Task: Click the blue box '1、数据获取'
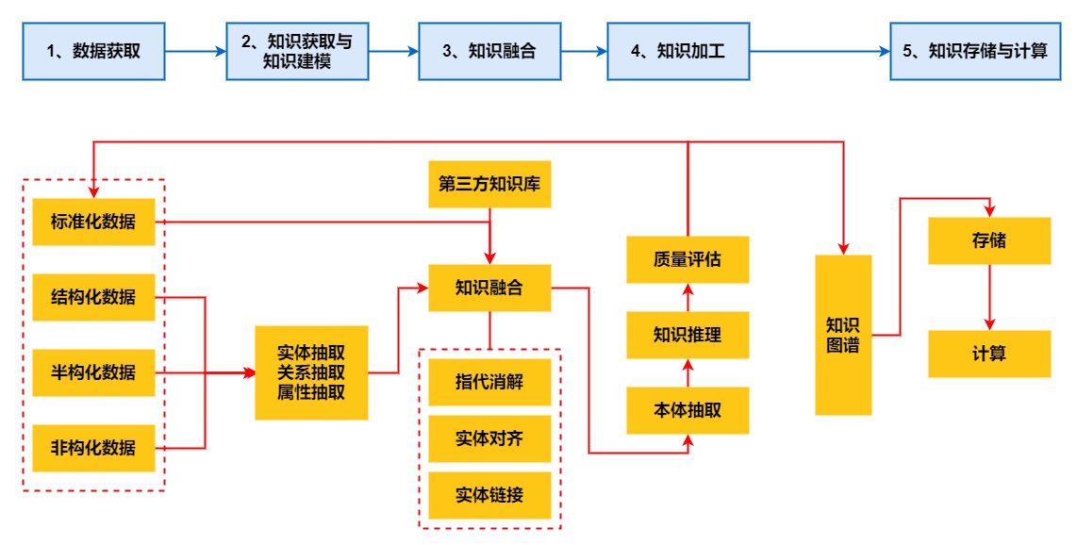tap(93, 52)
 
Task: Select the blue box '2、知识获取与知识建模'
tap(296, 52)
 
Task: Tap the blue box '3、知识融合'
tap(489, 52)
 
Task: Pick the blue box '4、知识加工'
tap(677, 52)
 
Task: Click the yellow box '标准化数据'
tap(93, 223)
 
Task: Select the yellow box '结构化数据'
tap(93, 297)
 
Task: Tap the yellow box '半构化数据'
tap(93, 372)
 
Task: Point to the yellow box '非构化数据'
tap(93, 448)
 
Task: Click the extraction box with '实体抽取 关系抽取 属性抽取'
tap(311, 372)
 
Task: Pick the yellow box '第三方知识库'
tap(489, 184)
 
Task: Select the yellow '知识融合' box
tap(489, 288)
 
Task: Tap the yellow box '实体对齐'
tap(489, 438)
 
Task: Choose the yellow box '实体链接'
tap(489, 495)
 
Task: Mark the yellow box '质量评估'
tap(688, 259)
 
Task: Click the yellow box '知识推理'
tap(688, 335)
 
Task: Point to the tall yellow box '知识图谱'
tap(843, 335)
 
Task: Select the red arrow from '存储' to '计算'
tap(989, 297)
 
